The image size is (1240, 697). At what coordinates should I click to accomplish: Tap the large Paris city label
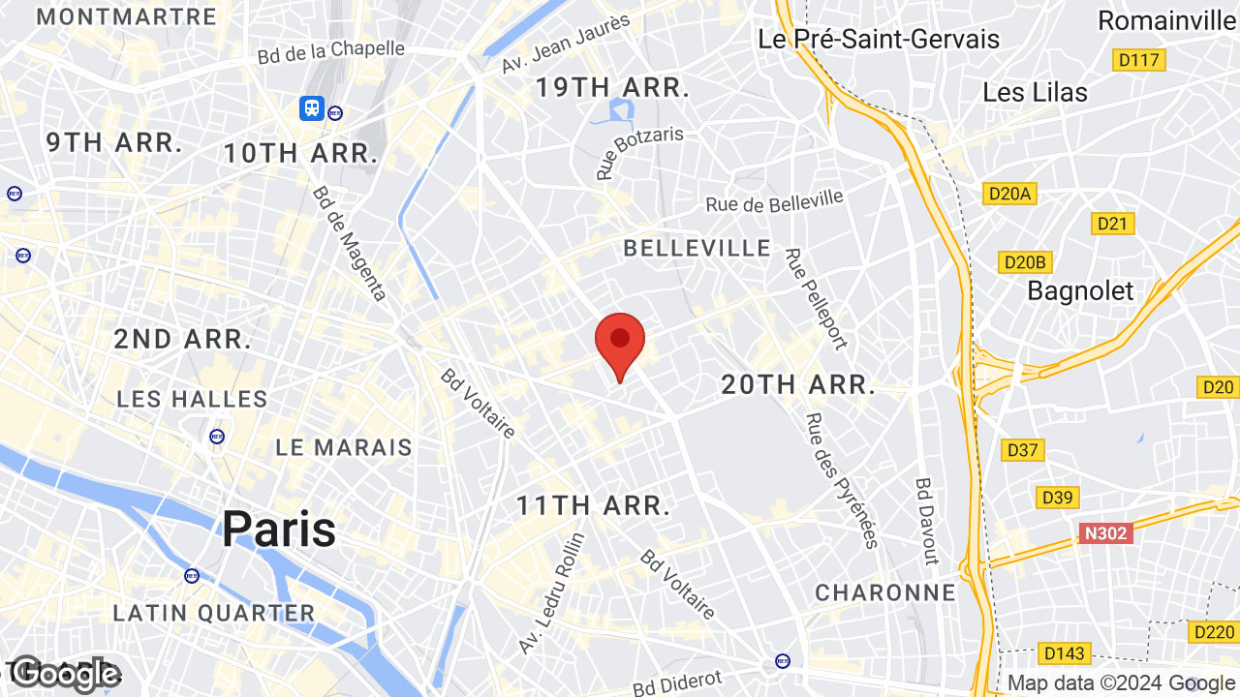[279, 529]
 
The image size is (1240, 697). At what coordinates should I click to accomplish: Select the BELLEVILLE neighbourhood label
[697, 249]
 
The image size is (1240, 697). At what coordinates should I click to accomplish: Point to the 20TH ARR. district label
[798, 385]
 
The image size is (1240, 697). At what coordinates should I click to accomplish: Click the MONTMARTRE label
[126, 16]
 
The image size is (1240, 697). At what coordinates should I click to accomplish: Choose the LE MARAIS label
[344, 447]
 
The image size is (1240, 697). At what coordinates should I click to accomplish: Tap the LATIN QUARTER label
[214, 613]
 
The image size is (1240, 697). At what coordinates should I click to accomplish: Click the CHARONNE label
[885, 592]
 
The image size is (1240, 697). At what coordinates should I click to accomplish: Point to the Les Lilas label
[1035, 93]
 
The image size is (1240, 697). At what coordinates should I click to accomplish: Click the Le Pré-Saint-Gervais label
[879, 40]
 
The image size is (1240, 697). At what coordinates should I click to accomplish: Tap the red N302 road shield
[1105, 532]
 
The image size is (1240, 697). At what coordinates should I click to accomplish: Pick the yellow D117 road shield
[1138, 60]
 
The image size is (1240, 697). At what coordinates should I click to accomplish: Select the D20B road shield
[1025, 262]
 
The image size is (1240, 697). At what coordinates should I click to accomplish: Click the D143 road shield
[1064, 652]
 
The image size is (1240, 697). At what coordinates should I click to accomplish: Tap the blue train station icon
[312, 107]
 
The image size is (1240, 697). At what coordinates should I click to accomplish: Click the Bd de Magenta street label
[349, 243]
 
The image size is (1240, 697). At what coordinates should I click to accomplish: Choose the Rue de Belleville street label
[774, 201]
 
